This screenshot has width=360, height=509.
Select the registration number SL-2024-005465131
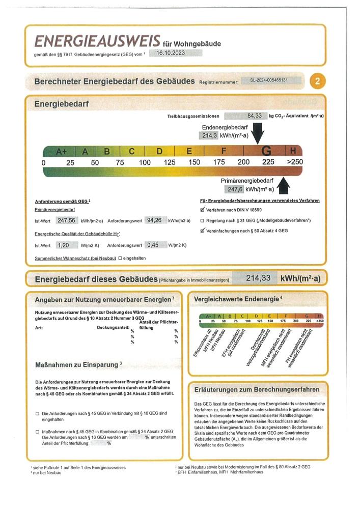pos(276,80)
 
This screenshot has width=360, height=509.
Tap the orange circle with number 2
pos(318,81)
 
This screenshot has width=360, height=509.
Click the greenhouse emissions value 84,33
pos(254,116)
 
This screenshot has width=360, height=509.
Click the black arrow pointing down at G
pos(258,136)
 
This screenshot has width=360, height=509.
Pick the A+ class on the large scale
pos(61,151)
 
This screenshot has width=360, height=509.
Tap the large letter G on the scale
pos(266,151)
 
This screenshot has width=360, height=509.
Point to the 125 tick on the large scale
pos(169,162)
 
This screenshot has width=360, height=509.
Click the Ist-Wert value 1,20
pos(64,245)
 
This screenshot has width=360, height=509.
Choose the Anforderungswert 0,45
pos(152,245)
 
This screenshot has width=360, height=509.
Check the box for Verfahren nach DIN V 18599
pos(202,209)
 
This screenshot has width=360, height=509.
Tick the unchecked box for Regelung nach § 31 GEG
pos(202,220)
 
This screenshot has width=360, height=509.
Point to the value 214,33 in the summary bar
pos(258,278)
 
